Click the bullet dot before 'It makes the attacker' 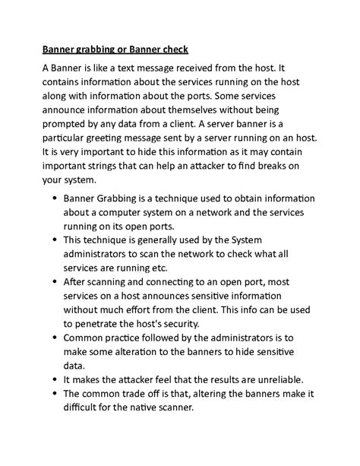pos(55,379)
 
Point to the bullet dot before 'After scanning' pos(55,281)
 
